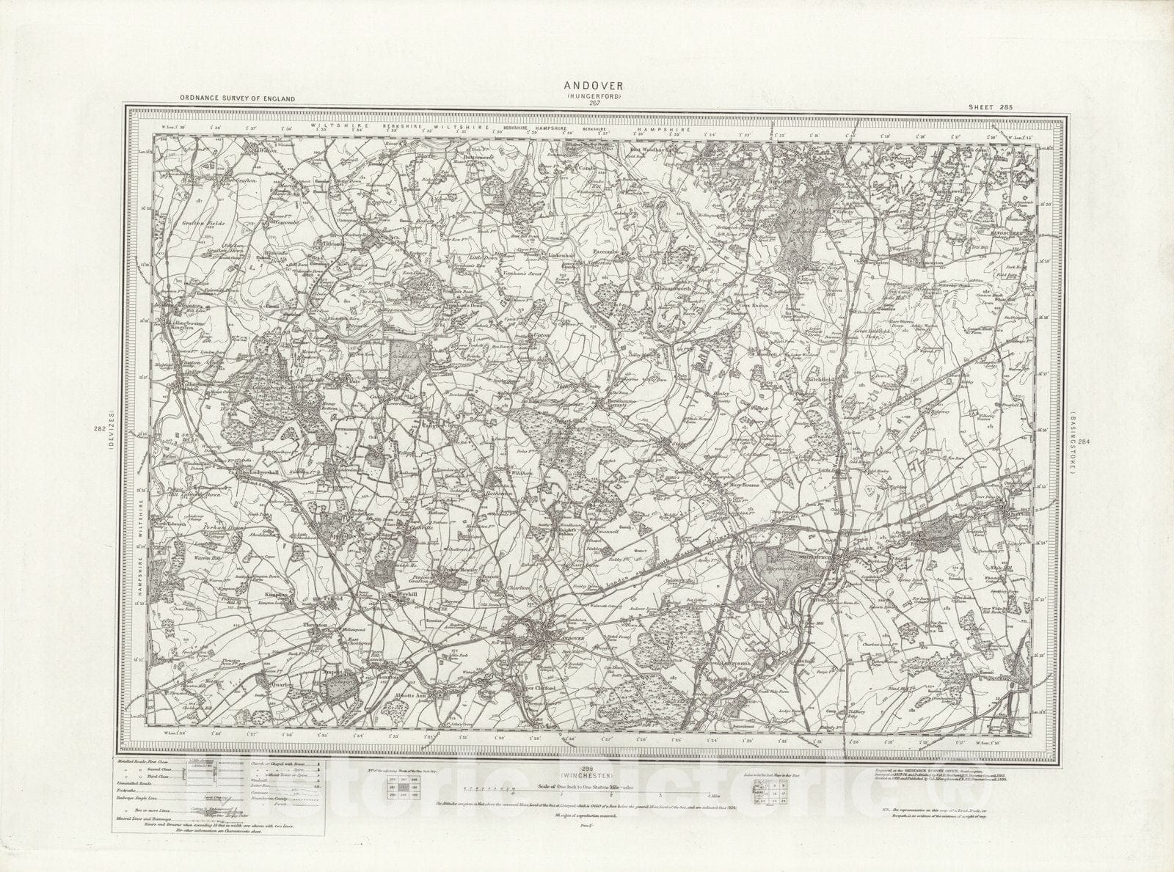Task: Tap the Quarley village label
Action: tap(283, 684)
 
